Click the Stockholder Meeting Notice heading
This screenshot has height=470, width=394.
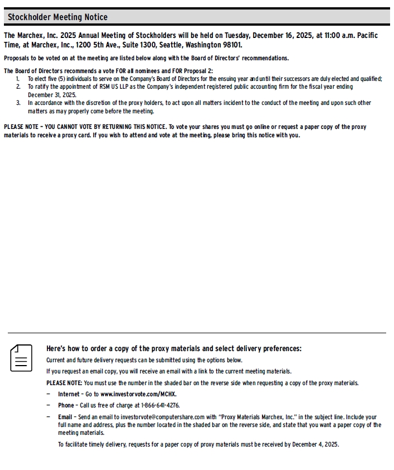(58, 17)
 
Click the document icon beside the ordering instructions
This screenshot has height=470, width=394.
(21, 358)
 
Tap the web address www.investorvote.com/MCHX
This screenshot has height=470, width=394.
(139, 394)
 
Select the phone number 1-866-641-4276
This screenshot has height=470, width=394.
(160, 405)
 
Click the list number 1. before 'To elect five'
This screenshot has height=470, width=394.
(18, 79)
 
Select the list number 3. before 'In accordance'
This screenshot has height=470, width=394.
(18, 103)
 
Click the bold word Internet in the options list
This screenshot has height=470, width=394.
(69, 394)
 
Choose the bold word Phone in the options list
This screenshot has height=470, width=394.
(66, 405)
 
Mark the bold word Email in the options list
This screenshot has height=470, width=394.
(65, 417)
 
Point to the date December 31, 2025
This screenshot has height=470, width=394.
(52, 95)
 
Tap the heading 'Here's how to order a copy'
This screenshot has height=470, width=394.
(174, 348)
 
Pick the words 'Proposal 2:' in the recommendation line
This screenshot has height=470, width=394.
(197, 71)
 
